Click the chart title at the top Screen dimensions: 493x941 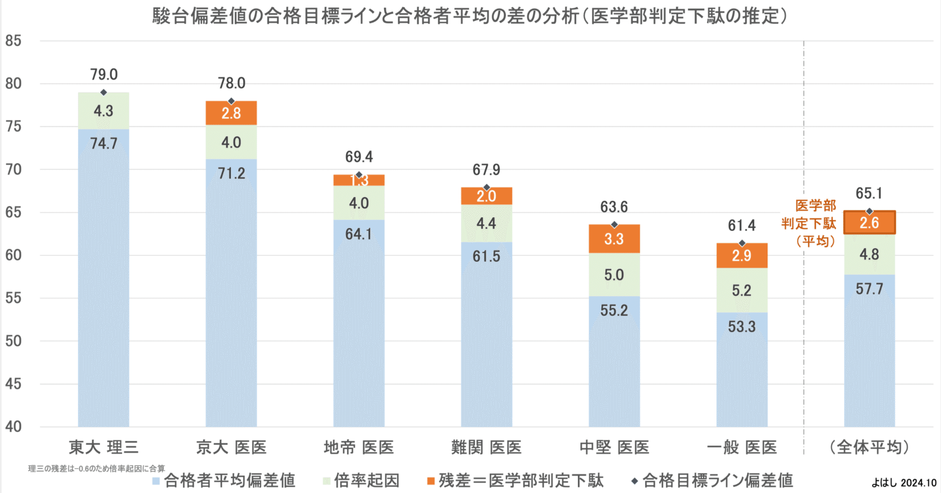coord(470,16)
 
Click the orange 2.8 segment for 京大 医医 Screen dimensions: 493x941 coord(231,113)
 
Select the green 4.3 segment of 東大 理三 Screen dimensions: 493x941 coord(103,111)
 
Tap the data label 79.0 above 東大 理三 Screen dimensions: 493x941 coord(104,75)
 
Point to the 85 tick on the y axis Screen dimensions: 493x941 coord(13,41)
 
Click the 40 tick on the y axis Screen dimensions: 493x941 coord(13,426)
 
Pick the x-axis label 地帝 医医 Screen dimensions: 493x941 coord(359,447)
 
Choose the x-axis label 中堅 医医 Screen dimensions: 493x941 coord(614,447)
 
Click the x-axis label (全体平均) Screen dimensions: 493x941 coord(869,447)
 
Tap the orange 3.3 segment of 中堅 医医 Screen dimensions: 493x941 coord(614,239)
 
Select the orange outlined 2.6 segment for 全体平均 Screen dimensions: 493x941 coord(869,223)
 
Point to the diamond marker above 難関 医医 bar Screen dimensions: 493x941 coord(487,187)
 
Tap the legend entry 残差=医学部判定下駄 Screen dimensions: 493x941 coord(515,480)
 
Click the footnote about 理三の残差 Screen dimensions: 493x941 coord(97,468)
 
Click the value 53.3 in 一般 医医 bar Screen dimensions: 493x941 coord(742,327)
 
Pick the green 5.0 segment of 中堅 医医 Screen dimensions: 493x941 coord(614,275)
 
